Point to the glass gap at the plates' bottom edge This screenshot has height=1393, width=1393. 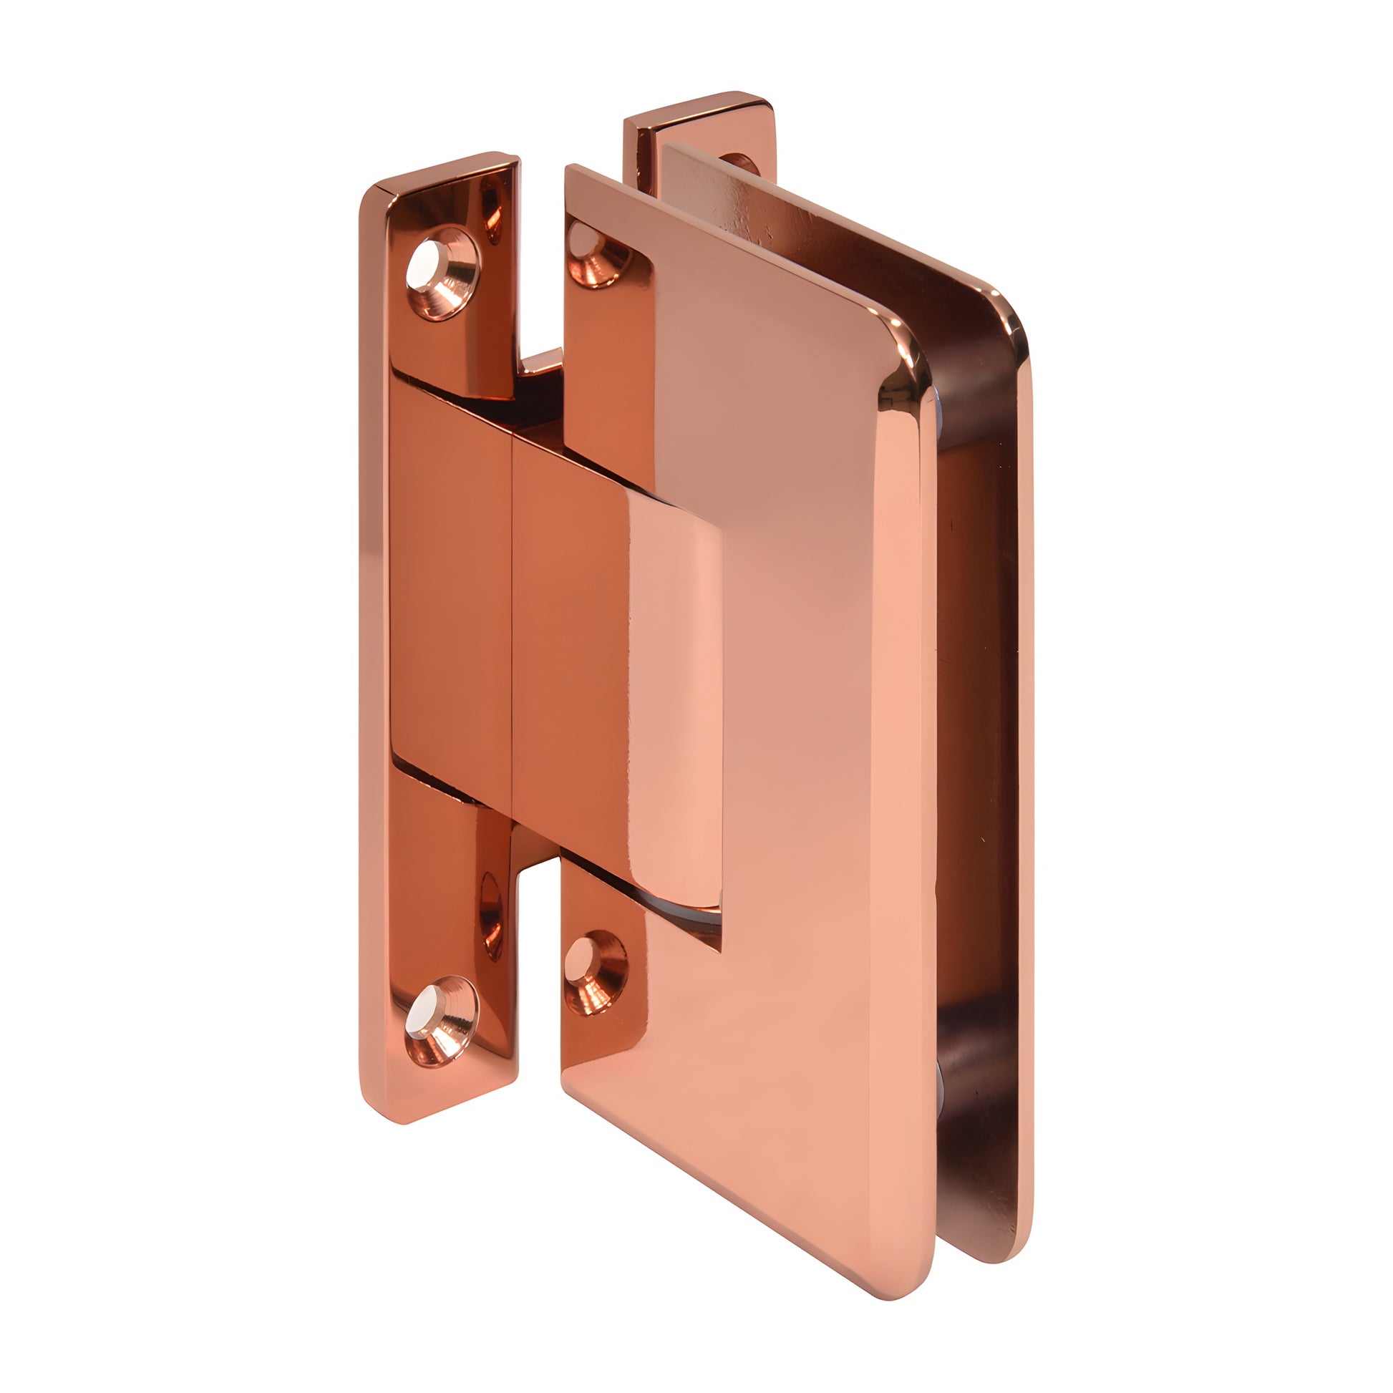pyautogui.click(x=941, y=1240)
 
